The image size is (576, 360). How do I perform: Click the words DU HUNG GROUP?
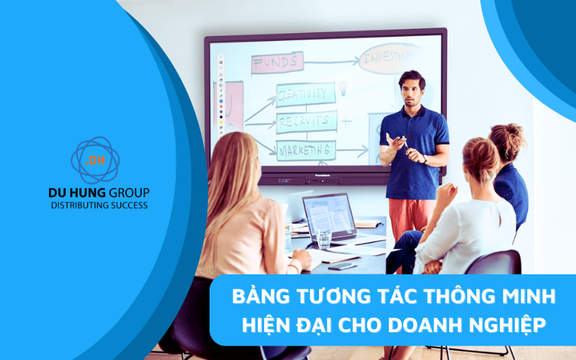tap(99, 193)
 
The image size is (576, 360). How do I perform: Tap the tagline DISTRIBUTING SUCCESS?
tap(99, 205)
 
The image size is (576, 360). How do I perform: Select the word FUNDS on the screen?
tap(275, 63)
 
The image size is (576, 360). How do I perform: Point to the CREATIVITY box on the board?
tap(306, 94)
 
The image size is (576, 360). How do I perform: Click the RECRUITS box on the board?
tap(306, 120)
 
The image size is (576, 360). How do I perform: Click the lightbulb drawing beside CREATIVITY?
tap(343, 89)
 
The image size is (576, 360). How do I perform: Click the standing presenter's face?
tap(411, 88)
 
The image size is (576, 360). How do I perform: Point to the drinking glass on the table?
tap(324, 239)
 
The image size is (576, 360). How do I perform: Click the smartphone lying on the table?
tap(342, 266)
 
